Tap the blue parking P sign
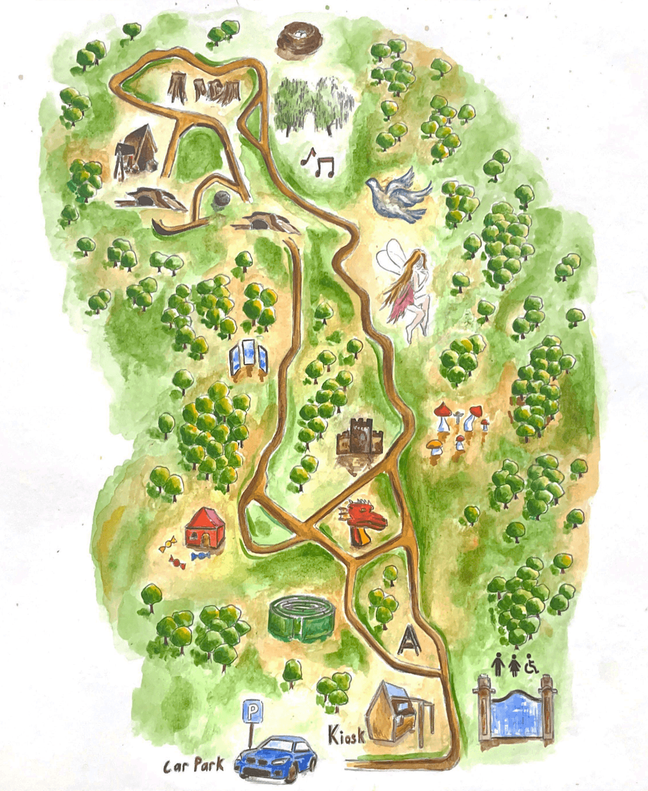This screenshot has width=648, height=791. tap(252, 712)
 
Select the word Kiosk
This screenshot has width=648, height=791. tap(346, 735)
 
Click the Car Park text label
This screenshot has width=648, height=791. tap(193, 765)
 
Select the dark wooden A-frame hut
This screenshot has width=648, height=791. tap(137, 149)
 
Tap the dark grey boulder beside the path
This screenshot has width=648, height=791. tap(220, 200)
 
